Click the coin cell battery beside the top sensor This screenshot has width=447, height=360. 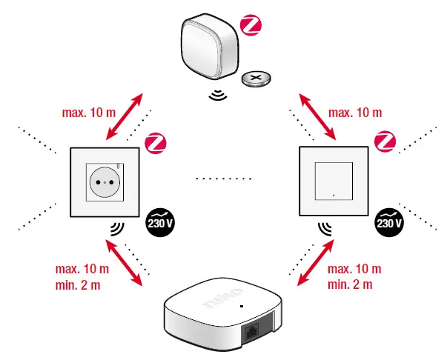(257, 79)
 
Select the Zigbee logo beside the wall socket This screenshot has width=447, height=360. (155, 141)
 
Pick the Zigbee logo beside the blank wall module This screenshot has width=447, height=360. (385, 141)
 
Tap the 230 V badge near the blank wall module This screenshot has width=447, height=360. (389, 220)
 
